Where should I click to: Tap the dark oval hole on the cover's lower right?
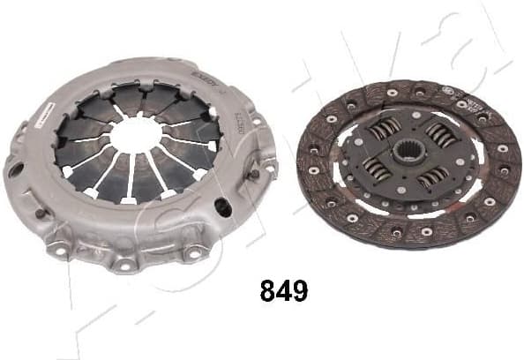tap(224, 208)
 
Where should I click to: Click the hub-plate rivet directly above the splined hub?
tap(411, 121)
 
